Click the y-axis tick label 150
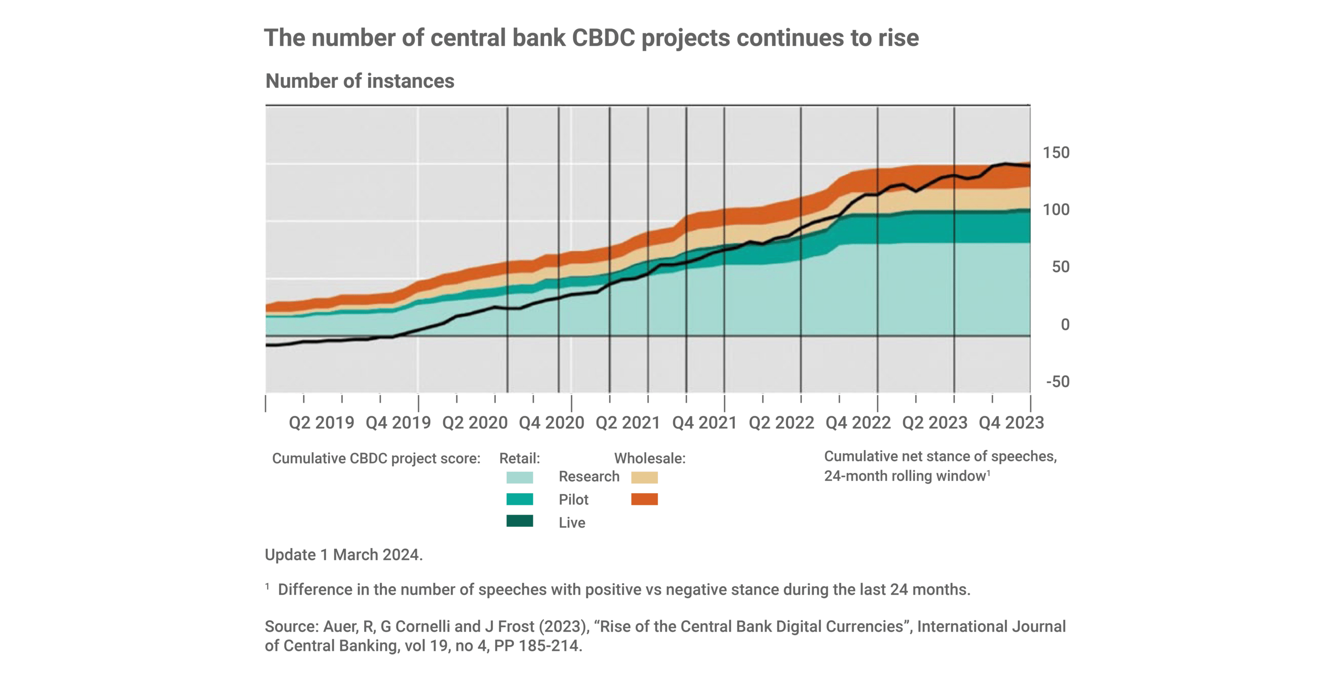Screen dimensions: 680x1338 tap(1056, 153)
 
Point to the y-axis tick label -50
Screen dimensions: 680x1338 tap(1057, 382)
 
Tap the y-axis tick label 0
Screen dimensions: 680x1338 tap(1064, 325)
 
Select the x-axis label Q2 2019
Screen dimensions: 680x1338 tap(321, 423)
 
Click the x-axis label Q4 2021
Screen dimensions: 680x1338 tap(704, 423)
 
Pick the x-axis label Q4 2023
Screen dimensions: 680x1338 tap(1011, 423)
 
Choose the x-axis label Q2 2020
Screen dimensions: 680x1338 tap(474, 423)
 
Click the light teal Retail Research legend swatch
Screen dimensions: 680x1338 tap(519, 477)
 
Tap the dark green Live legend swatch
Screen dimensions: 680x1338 tap(519, 521)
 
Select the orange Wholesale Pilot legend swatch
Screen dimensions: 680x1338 tap(644, 499)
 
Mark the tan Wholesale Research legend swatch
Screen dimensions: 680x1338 tap(644, 477)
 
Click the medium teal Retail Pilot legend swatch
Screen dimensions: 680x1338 tap(519, 499)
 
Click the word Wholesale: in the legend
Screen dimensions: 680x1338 tap(649, 459)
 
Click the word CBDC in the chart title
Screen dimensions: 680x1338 tap(603, 38)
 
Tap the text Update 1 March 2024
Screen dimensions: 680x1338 tap(343, 555)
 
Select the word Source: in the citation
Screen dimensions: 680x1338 tap(291, 627)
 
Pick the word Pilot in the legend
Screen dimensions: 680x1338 tap(573, 500)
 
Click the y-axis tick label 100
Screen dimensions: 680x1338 tap(1056, 210)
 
